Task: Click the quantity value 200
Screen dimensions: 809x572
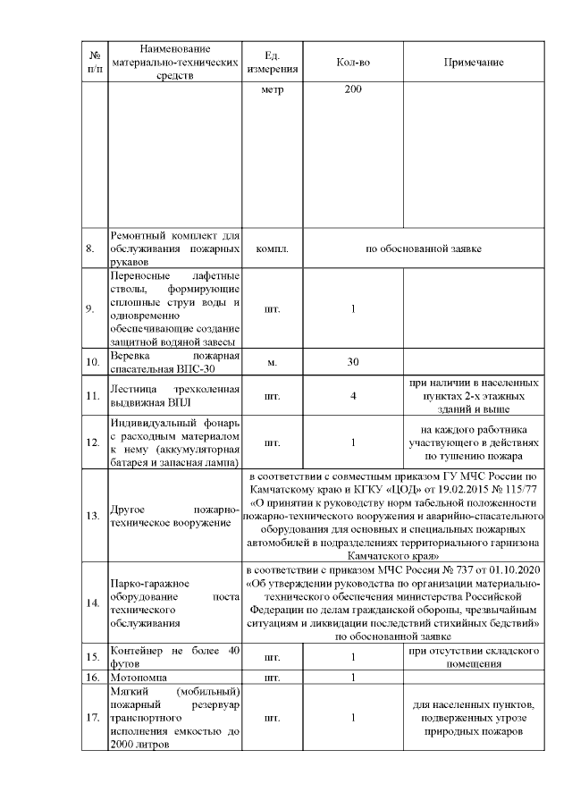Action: (353, 92)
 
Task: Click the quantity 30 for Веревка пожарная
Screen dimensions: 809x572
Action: (353, 362)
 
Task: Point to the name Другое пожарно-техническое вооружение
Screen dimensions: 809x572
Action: (174, 514)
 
